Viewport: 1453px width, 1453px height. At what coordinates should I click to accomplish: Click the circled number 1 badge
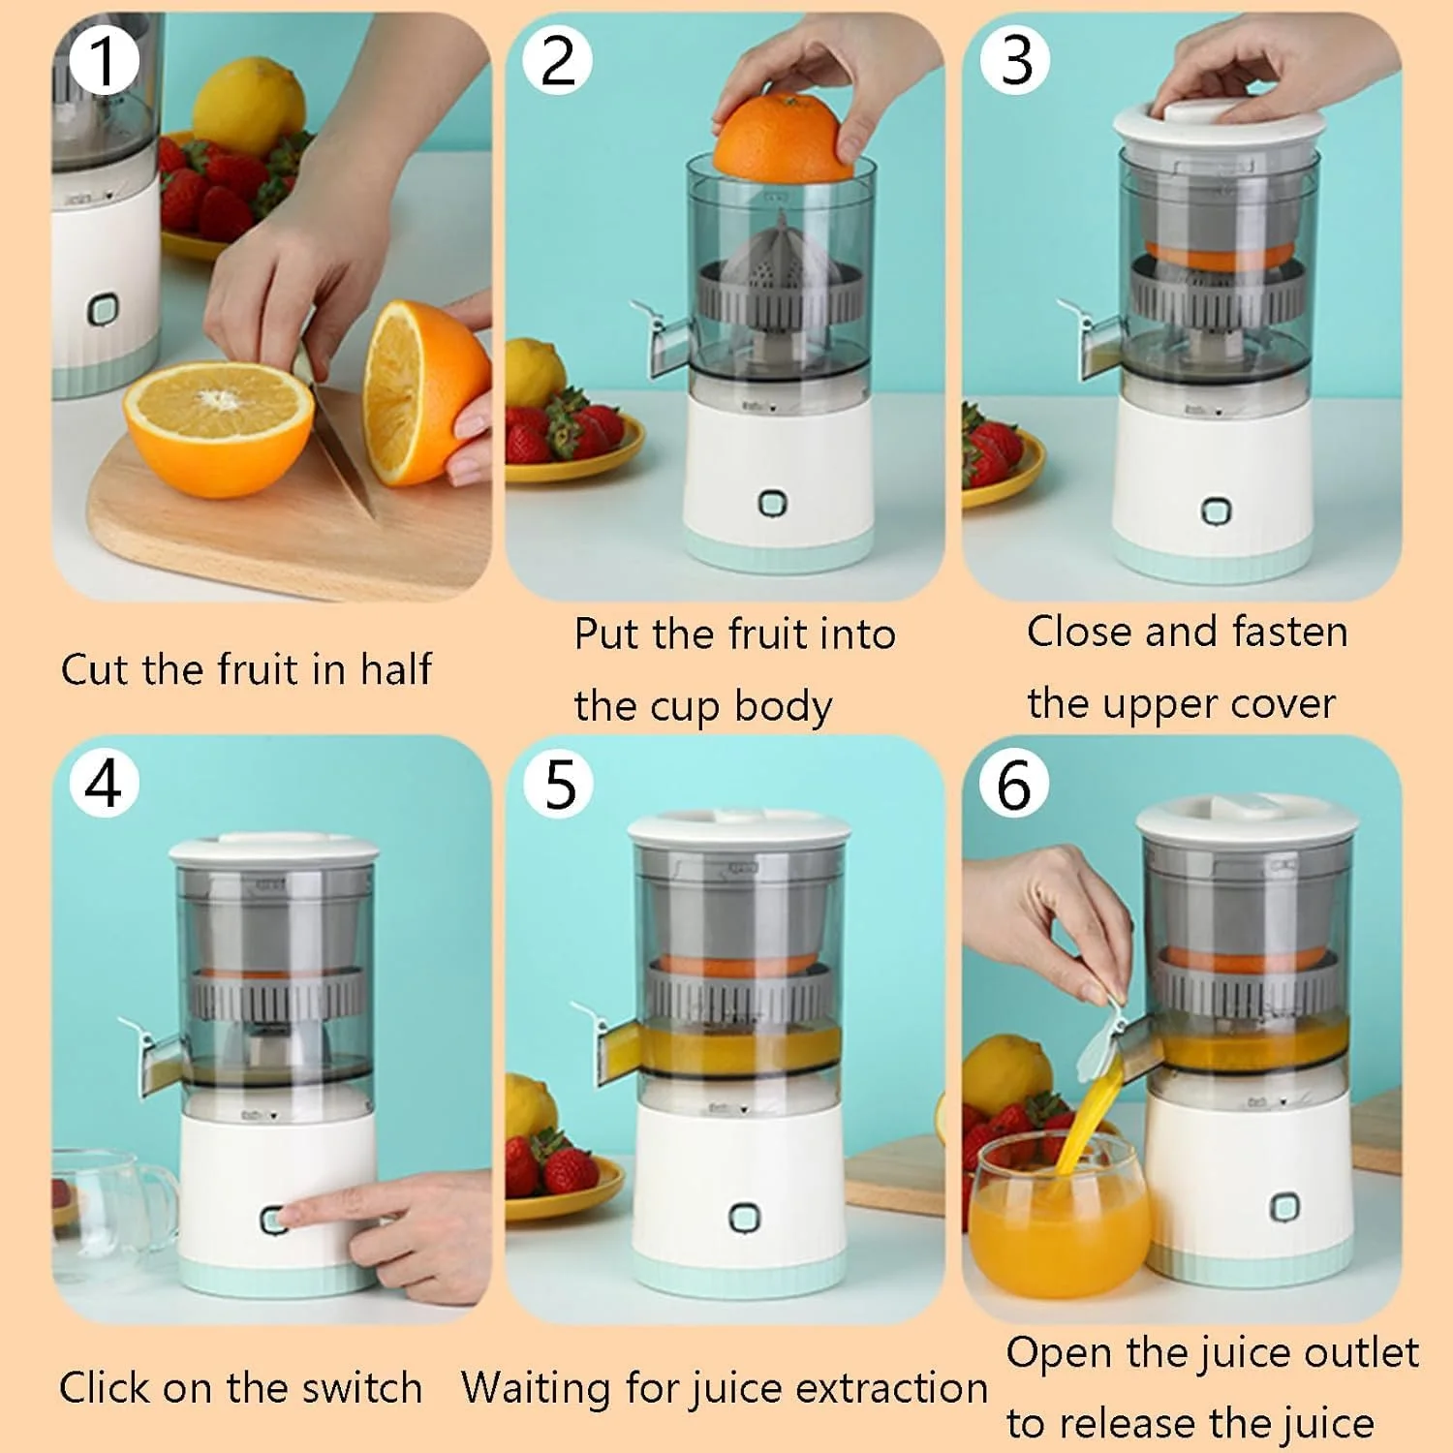[103, 60]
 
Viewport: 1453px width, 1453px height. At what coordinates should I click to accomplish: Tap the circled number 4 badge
[104, 783]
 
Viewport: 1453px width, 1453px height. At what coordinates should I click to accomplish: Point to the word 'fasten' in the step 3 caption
[1289, 632]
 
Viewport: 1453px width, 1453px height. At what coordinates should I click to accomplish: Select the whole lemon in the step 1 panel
[249, 105]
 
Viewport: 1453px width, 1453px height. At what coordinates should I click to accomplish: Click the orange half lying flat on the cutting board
[219, 426]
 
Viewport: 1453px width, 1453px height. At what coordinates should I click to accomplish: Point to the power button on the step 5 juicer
[743, 1218]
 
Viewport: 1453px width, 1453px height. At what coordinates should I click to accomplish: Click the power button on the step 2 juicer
[772, 503]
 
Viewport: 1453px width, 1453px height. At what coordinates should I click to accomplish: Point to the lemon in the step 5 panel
[528, 1104]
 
